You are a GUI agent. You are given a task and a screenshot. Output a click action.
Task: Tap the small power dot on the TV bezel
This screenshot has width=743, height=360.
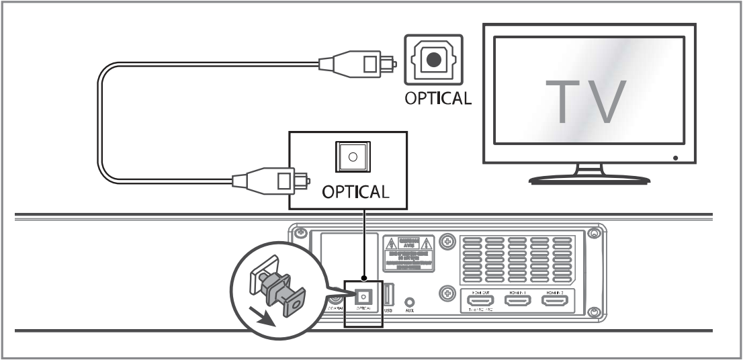click(674, 159)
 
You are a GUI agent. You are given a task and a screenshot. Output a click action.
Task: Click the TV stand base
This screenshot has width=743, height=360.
click(589, 179)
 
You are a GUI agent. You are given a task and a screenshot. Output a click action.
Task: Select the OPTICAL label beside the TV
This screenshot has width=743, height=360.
click(437, 98)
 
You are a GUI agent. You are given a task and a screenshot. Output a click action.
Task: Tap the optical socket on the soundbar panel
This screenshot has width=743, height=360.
click(363, 296)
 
